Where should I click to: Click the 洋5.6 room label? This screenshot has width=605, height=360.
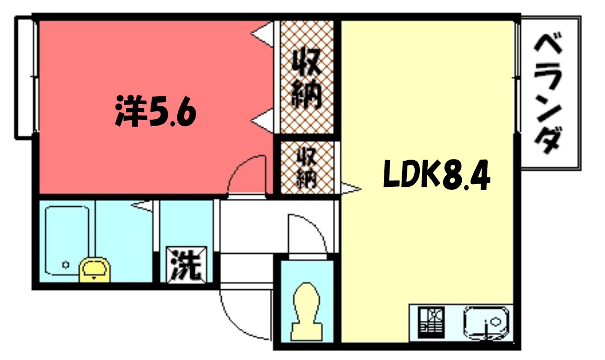(154, 110)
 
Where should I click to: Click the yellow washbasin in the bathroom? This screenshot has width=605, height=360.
(94, 268)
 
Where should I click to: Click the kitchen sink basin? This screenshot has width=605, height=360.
(488, 323)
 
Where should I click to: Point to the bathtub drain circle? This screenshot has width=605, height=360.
(64, 265)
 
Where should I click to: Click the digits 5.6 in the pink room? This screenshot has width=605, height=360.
(171, 110)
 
